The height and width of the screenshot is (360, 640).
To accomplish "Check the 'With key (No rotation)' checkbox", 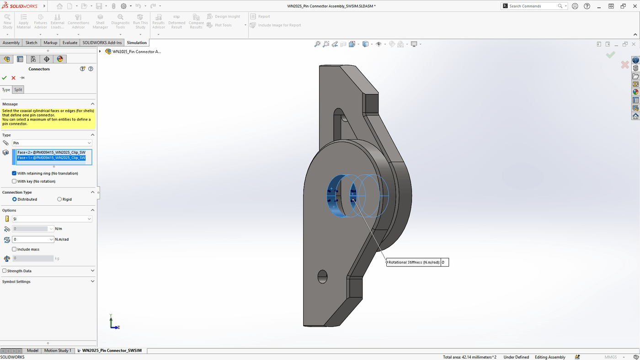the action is (14, 181).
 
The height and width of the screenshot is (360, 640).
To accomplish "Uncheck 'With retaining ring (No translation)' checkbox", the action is (14, 174).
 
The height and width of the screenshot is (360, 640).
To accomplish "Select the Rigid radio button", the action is (59, 199).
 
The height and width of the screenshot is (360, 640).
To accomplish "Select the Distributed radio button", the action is (15, 199).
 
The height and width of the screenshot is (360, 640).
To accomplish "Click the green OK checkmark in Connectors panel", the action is (5, 78).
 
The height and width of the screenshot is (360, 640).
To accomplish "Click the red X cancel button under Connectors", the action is (13, 78).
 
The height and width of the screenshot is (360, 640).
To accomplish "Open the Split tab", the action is (18, 90).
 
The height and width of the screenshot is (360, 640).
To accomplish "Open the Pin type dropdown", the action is (52, 143).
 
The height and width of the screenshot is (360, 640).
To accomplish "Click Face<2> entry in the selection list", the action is (51, 153).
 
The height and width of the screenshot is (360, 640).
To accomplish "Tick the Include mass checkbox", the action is (14, 249).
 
